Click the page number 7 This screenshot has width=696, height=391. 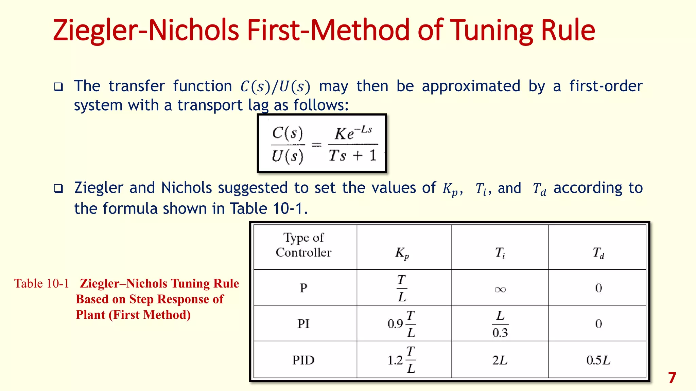[x=672, y=378]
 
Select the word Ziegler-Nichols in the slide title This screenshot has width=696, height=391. [x=146, y=31]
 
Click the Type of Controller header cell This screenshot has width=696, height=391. [x=303, y=245]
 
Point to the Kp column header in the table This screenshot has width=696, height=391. [x=402, y=253]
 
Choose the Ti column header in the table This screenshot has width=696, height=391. [x=500, y=253]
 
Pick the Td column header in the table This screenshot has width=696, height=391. [x=598, y=253]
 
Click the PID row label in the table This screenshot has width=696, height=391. [x=303, y=360]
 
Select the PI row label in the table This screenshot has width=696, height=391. [x=303, y=323]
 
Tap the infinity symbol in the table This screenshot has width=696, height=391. [x=500, y=289]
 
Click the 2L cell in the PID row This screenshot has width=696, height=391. [x=500, y=360]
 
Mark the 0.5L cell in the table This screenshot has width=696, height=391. [x=598, y=360]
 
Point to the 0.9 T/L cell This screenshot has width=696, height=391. [x=402, y=324]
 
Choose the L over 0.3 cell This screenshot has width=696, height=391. [x=500, y=324]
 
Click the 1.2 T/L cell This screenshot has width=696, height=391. [x=402, y=360]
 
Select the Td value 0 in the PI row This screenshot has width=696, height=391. [x=598, y=323]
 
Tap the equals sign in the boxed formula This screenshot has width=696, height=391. [x=316, y=145]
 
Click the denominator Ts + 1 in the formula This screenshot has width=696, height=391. [x=353, y=156]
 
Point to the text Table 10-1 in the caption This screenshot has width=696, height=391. [x=41, y=283]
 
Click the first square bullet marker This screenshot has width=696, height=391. [x=58, y=87]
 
